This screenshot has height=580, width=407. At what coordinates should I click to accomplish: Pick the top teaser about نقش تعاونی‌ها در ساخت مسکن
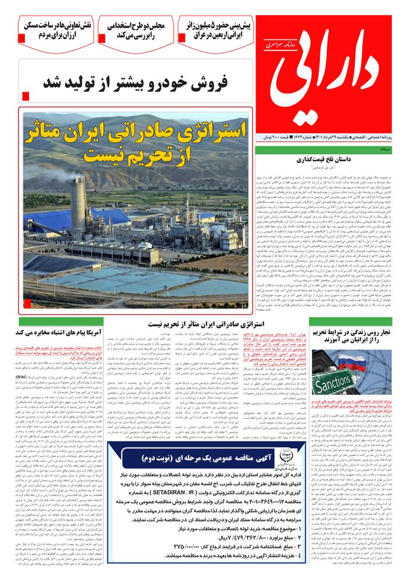[56, 30]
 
